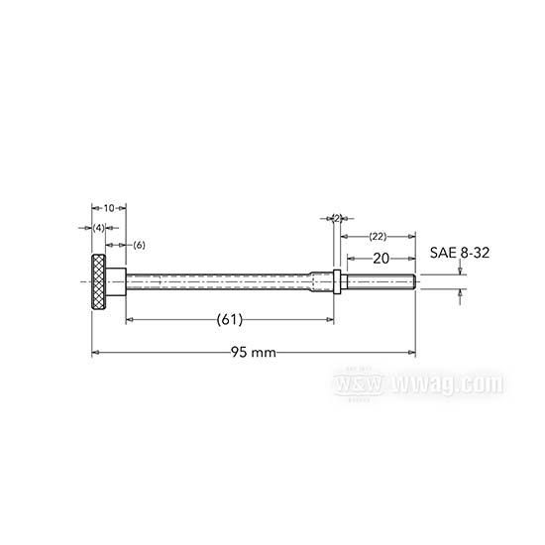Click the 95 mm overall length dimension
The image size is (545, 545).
pos(253,353)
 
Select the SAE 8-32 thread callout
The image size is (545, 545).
pos(460,253)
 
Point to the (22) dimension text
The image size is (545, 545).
pos(378,237)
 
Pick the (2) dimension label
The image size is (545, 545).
pos(336,218)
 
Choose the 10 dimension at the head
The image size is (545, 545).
pos(109,208)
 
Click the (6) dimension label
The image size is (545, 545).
pos(139,244)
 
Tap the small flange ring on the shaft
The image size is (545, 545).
pos(338,281)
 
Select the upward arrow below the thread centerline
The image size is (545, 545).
pos(460,292)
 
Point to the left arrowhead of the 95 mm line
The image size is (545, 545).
pos(95,353)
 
